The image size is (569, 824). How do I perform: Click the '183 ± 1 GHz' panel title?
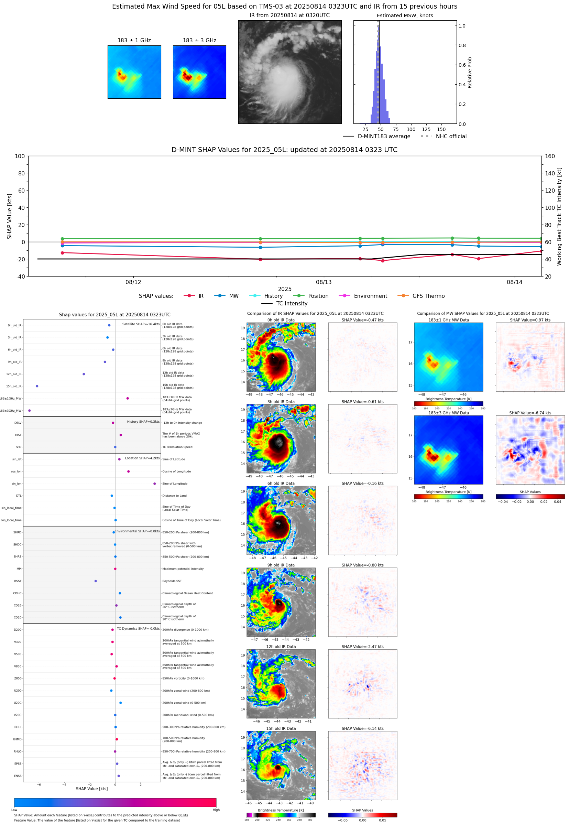(134, 41)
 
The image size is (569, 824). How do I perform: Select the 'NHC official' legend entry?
(451, 137)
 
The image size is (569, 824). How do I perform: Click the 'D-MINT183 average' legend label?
(384, 137)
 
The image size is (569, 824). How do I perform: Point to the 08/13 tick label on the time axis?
(324, 282)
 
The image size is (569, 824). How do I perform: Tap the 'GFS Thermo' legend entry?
(428, 296)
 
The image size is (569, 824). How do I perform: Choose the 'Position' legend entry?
(318, 296)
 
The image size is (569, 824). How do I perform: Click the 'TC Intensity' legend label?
(292, 303)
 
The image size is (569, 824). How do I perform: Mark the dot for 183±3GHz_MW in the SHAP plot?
(29, 410)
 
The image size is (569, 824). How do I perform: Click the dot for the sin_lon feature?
(154, 484)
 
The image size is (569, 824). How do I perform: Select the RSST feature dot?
(96, 581)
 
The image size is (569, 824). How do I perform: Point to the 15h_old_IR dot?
(37, 386)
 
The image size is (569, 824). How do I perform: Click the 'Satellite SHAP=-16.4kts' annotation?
(141, 324)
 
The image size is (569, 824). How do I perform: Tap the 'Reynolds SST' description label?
(172, 581)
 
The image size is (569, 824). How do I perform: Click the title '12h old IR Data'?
(281, 647)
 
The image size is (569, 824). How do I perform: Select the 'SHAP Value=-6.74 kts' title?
(530, 413)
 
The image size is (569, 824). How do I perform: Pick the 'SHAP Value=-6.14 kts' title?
(362, 728)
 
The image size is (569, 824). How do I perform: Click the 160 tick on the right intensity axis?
(550, 156)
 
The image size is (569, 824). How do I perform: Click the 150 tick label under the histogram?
(441, 129)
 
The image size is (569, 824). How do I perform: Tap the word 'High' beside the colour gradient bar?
(216, 810)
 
